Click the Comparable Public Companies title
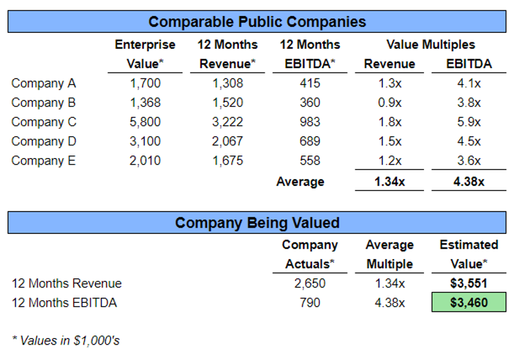click(257, 22)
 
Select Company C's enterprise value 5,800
click(145, 122)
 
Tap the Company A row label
click(43, 84)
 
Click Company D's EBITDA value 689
click(310, 141)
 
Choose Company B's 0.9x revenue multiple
click(389, 103)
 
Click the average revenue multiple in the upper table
click(389, 182)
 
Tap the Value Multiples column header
click(430, 44)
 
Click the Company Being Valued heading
click(257, 223)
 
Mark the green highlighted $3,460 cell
click(469, 303)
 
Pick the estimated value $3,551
click(469, 283)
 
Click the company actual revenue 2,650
click(310, 283)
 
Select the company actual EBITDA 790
click(310, 303)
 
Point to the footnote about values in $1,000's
click(66, 341)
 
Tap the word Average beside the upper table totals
click(300, 182)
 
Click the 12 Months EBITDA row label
click(64, 303)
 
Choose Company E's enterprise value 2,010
click(145, 161)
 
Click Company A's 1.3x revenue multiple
click(389, 84)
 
